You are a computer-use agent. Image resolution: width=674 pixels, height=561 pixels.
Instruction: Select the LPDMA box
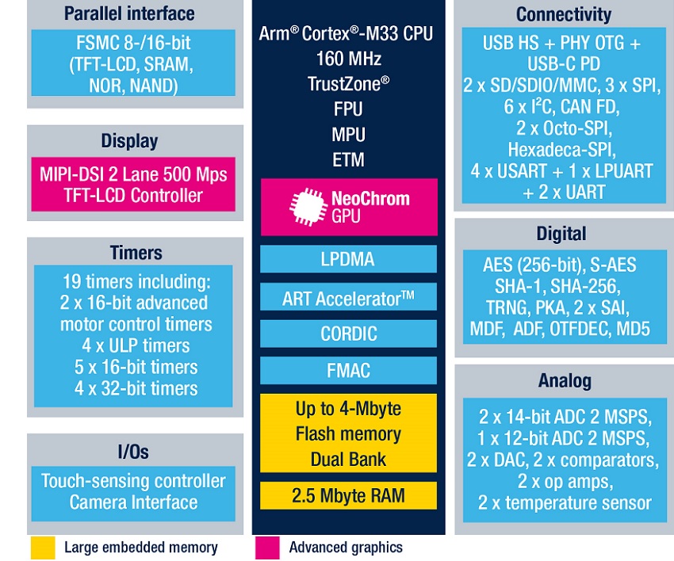348,259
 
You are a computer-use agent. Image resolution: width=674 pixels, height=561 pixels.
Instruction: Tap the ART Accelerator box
348,298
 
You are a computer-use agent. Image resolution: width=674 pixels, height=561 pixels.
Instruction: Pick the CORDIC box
348,334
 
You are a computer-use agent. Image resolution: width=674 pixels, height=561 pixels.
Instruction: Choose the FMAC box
348,370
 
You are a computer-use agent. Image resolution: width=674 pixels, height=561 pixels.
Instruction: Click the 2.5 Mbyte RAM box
348,496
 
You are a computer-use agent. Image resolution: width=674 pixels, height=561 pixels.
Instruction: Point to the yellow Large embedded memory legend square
44,547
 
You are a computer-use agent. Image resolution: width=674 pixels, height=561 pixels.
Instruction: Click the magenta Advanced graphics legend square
267,547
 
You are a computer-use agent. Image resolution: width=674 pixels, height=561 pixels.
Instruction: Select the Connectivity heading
564,14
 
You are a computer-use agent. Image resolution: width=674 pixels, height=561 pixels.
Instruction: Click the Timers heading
136,253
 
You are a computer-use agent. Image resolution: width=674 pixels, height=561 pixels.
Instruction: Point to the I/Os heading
133,452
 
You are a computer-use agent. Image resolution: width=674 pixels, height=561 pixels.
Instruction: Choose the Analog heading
565,381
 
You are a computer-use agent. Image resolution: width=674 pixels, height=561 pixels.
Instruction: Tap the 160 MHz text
348,59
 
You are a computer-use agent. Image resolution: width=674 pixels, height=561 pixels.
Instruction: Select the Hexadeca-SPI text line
563,149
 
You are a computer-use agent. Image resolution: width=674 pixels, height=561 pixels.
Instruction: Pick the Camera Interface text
133,502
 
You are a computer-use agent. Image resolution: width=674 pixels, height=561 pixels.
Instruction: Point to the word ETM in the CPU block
348,159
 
